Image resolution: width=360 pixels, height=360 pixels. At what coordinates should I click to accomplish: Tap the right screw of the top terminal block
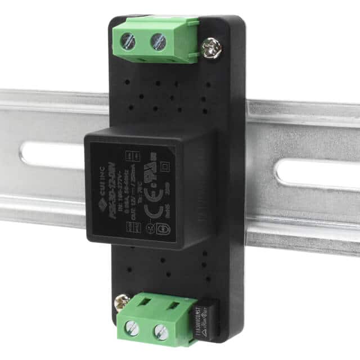pos(159,40)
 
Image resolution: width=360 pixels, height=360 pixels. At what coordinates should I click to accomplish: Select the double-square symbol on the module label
pos(165,166)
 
